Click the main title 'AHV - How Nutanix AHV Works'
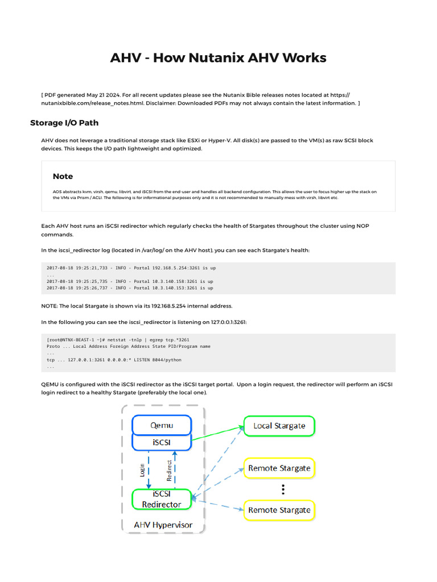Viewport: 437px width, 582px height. pos(218,57)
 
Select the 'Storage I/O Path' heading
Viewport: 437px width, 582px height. pos(64,123)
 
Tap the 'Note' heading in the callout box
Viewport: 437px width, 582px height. pos(63,176)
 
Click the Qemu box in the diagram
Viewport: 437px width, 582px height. pos(162,425)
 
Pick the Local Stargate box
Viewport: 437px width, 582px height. pos(279,426)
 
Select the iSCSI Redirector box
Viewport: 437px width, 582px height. pos(162,499)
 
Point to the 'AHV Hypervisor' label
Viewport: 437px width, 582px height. pos(163,525)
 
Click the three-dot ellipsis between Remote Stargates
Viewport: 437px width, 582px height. pos(283,489)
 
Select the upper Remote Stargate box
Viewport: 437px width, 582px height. pos(279,468)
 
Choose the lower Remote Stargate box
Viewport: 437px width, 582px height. pos(279,510)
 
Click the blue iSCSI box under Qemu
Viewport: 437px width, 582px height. pos(162,442)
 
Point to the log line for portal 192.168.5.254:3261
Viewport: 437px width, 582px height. pos(131,268)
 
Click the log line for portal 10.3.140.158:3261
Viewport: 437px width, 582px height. pos(130,281)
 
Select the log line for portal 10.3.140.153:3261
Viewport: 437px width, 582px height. pos(130,288)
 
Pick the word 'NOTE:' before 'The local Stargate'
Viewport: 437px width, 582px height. pos(50,306)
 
